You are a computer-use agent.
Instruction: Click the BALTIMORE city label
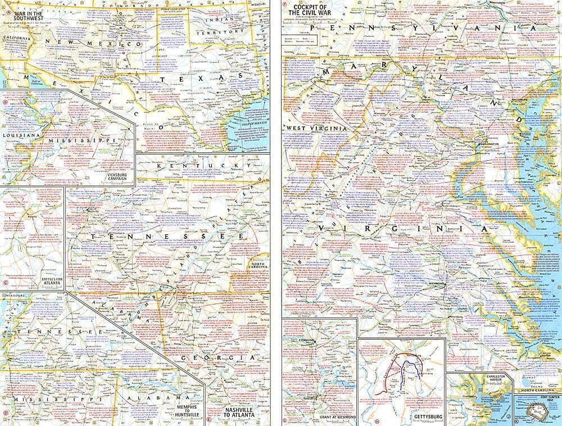pos(520,99)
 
